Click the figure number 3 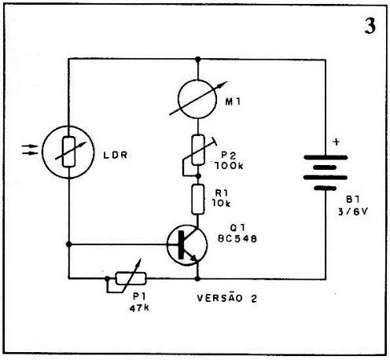(370, 26)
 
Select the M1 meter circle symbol (197, 99)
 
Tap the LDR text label (116, 155)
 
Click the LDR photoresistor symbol (68, 152)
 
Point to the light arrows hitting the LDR (30, 149)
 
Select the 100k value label (229, 166)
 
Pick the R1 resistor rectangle (198, 199)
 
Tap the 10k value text (222, 203)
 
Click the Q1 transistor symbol (187, 245)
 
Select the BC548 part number (237, 238)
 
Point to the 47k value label (139, 308)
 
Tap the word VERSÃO (219, 298)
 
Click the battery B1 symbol (326, 173)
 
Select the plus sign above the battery (337, 142)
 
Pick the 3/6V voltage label (353, 211)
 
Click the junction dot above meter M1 (198, 60)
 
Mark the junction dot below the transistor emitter (197, 278)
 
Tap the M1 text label (233, 101)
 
